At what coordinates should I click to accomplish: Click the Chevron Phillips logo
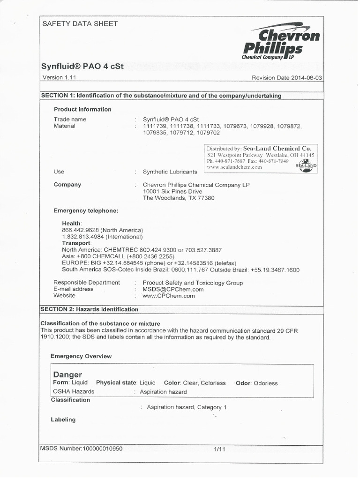tap(281, 42)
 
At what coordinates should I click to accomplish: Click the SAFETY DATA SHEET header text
tap(80, 23)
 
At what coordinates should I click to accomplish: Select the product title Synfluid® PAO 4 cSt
tap(83, 66)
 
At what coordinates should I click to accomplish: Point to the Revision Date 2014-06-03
tap(287, 78)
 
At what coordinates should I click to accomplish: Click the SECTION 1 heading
tap(161, 96)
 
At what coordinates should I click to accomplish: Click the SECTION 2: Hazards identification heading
tap(90, 309)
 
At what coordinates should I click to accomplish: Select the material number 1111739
tap(155, 126)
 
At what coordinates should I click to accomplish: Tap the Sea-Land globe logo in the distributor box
tap(306, 165)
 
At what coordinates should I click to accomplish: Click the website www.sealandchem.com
tap(234, 167)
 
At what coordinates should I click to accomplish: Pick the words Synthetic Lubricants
tap(170, 172)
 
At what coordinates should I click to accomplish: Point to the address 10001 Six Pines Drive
tap(172, 191)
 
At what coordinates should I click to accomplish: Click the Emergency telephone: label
tap(86, 211)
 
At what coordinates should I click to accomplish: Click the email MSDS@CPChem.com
tap(173, 289)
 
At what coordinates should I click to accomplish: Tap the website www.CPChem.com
tap(168, 296)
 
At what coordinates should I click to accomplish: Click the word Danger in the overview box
tap(68, 375)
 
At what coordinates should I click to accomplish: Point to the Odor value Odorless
tap(265, 383)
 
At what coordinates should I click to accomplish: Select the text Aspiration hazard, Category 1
tap(187, 407)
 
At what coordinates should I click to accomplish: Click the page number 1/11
tap(219, 449)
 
